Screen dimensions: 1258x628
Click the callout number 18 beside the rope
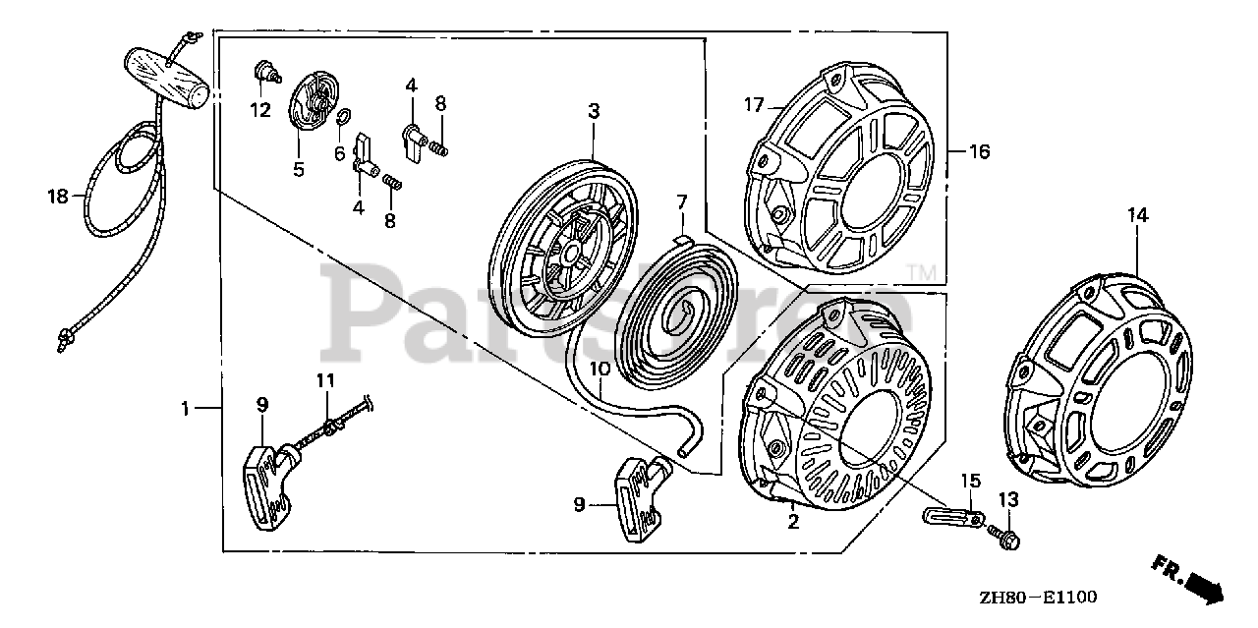(x=58, y=197)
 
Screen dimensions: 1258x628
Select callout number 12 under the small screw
(x=259, y=110)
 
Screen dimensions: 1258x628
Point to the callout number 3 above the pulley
(x=594, y=111)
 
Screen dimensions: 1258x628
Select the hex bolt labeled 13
(x=1011, y=540)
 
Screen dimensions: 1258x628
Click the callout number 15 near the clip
(x=970, y=481)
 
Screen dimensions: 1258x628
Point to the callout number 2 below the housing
(x=793, y=522)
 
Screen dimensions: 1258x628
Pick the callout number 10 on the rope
(x=600, y=369)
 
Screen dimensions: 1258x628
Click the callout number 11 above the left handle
(x=325, y=380)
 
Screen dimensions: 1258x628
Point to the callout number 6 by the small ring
(x=339, y=153)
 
